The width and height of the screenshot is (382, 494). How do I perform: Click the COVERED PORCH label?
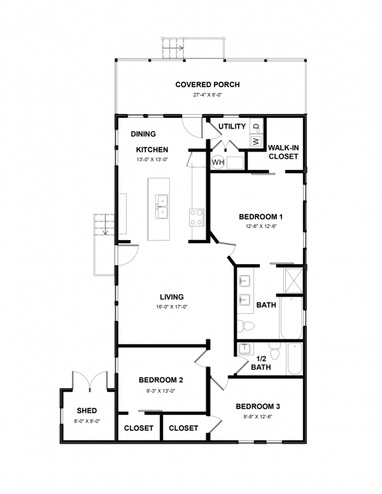coord(208,85)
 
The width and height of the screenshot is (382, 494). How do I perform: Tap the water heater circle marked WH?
coord(218,162)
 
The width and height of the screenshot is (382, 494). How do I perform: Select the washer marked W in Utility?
coord(256,141)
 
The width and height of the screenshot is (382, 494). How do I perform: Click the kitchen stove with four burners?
coord(196,217)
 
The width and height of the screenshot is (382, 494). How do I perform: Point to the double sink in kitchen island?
coord(162,206)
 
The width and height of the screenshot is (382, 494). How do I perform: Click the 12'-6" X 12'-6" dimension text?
coord(261,226)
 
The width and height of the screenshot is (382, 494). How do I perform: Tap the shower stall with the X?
coord(294,280)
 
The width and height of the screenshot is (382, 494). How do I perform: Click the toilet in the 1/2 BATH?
coord(275,351)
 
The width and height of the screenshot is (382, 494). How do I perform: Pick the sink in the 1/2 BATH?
coord(244,349)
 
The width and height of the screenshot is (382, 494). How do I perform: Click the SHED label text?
coord(87,411)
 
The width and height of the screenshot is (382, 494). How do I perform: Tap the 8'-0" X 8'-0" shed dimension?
coord(87,421)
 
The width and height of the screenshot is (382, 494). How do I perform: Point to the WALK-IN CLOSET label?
coord(283,152)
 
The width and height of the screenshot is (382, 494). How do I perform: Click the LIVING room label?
coord(172,297)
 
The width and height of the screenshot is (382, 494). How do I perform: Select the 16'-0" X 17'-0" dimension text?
coord(172,307)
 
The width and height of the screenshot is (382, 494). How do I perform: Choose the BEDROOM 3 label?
coord(258,406)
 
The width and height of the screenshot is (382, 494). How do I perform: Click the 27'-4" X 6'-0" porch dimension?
coord(208,95)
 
